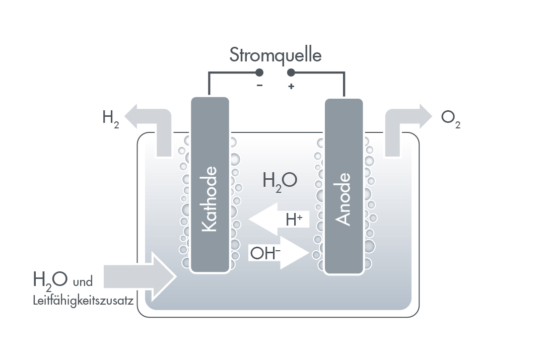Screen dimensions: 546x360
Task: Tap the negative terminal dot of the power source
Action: pos(259,73)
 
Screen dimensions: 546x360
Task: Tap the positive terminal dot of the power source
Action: pos(291,73)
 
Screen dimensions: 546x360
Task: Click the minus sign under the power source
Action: pos(259,85)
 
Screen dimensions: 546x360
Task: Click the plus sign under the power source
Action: pos(291,86)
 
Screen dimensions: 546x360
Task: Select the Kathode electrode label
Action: pos(210,199)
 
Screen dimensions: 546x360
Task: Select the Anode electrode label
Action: pos(343,199)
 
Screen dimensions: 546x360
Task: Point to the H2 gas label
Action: pos(111,119)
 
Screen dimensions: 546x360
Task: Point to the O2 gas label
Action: pos(451,119)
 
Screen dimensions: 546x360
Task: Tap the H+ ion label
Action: pos(294,220)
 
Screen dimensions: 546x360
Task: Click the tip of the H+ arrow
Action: pos(249,220)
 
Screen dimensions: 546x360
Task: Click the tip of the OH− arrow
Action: pos(309,253)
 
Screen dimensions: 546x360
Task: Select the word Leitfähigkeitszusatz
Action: pos(83,301)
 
